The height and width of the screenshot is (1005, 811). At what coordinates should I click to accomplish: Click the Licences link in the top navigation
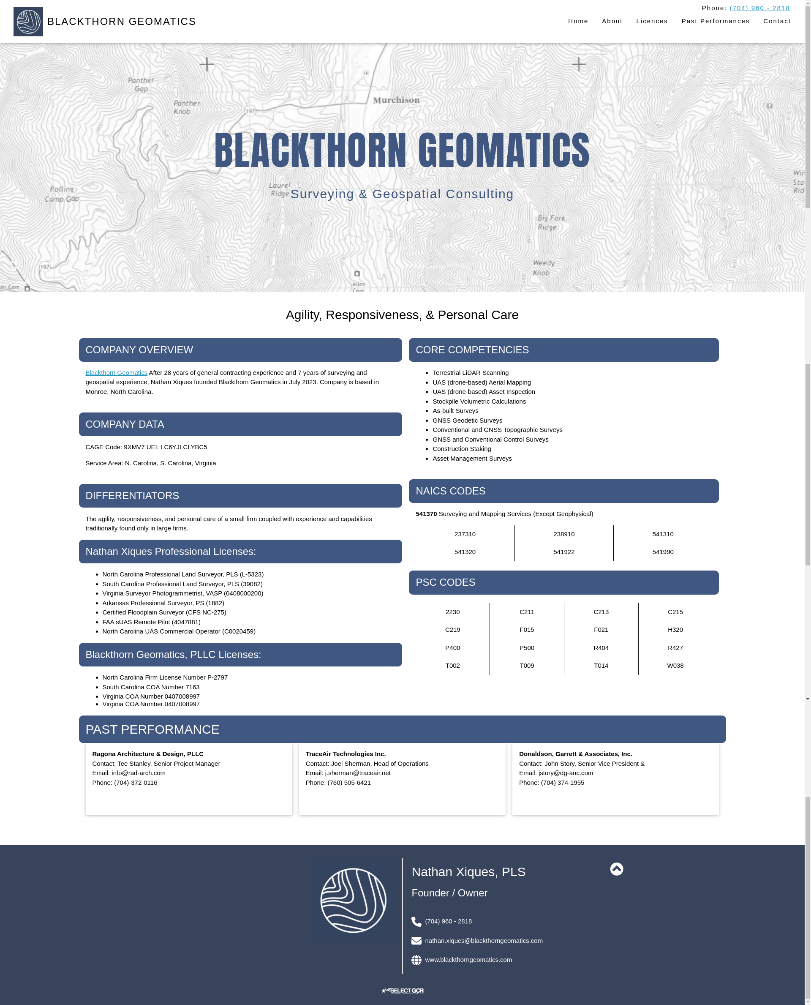(x=652, y=21)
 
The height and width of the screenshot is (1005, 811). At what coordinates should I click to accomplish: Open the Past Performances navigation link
(x=715, y=21)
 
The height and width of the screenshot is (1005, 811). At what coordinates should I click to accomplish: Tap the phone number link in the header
(x=759, y=8)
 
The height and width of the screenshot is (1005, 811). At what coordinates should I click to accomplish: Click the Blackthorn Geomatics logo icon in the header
(x=28, y=22)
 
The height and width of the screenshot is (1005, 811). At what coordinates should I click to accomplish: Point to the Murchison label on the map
(x=396, y=100)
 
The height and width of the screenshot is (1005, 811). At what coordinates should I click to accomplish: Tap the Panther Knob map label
(x=187, y=107)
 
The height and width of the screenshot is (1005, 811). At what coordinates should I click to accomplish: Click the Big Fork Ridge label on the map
(x=551, y=222)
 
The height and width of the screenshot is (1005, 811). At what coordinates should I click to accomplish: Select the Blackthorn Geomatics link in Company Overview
(x=116, y=373)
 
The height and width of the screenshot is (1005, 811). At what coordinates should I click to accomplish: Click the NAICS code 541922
(x=563, y=552)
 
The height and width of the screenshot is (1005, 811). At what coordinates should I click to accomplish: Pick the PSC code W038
(x=675, y=666)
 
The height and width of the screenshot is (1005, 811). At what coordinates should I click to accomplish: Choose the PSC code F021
(x=601, y=630)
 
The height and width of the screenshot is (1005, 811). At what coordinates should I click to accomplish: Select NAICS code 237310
(x=465, y=534)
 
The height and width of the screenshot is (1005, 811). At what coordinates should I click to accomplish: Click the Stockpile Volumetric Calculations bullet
(x=479, y=401)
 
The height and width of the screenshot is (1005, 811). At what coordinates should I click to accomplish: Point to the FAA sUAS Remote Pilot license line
(x=151, y=622)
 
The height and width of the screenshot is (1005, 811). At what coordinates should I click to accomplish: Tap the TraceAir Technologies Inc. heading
(x=345, y=754)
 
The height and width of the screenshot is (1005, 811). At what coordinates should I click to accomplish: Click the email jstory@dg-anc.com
(x=565, y=773)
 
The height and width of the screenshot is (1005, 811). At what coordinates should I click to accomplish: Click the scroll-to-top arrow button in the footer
(x=616, y=869)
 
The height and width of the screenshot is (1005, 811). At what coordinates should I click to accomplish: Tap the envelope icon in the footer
(x=416, y=941)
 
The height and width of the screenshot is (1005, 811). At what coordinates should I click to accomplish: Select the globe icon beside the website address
(x=416, y=960)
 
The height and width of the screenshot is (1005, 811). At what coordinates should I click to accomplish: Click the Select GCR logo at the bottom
(x=402, y=991)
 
